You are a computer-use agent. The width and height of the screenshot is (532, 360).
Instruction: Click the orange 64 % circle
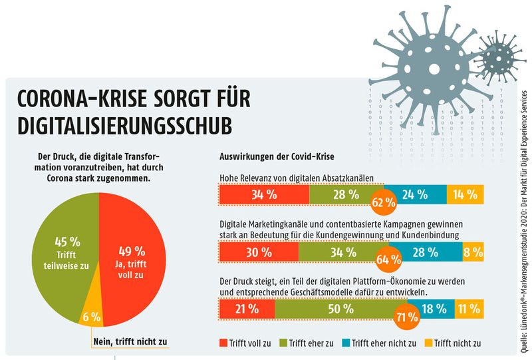(x=388, y=258)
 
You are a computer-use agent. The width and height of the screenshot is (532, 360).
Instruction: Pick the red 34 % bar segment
(x=263, y=194)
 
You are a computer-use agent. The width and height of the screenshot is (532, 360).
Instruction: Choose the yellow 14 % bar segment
(x=465, y=194)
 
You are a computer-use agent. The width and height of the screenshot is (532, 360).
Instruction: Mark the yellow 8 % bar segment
(x=473, y=252)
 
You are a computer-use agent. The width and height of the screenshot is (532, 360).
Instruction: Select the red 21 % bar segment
(x=246, y=309)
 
